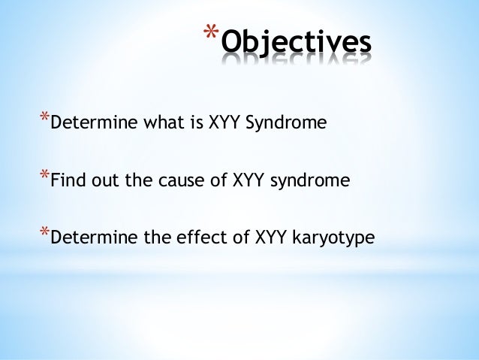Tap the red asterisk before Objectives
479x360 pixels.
coord(209,34)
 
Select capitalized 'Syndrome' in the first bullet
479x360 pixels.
coord(289,123)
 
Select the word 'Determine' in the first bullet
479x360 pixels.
coord(85,123)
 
